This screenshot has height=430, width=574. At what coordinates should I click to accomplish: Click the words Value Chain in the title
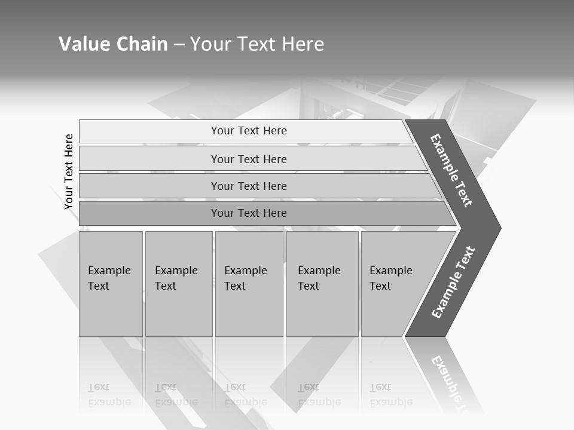click(x=113, y=44)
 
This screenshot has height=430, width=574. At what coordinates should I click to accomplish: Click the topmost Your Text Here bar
click(x=249, y=131)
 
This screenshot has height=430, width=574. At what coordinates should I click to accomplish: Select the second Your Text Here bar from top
click(x=249, y=159)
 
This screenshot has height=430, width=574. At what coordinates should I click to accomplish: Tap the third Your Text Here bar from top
click(x=249, y=186)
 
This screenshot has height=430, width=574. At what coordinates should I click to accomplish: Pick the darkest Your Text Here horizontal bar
click(x=249, y=213)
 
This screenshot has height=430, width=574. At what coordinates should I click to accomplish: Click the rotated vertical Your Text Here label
click(x=69, y=171)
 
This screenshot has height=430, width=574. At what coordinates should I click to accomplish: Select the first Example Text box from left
click(x=111, y=283)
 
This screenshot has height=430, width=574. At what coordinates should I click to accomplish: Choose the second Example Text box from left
click(x=178, y=283)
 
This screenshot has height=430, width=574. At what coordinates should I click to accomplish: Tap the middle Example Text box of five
click(x=249, y=283)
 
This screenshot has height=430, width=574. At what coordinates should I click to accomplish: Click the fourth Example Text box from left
click(x=322, y=283)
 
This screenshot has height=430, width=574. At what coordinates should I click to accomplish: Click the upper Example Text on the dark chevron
click(x=451, y=170)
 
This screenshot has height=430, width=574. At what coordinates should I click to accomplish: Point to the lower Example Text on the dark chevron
click(x=453, y=282)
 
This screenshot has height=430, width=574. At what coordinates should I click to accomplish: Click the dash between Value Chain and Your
click(x=179, y=44)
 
